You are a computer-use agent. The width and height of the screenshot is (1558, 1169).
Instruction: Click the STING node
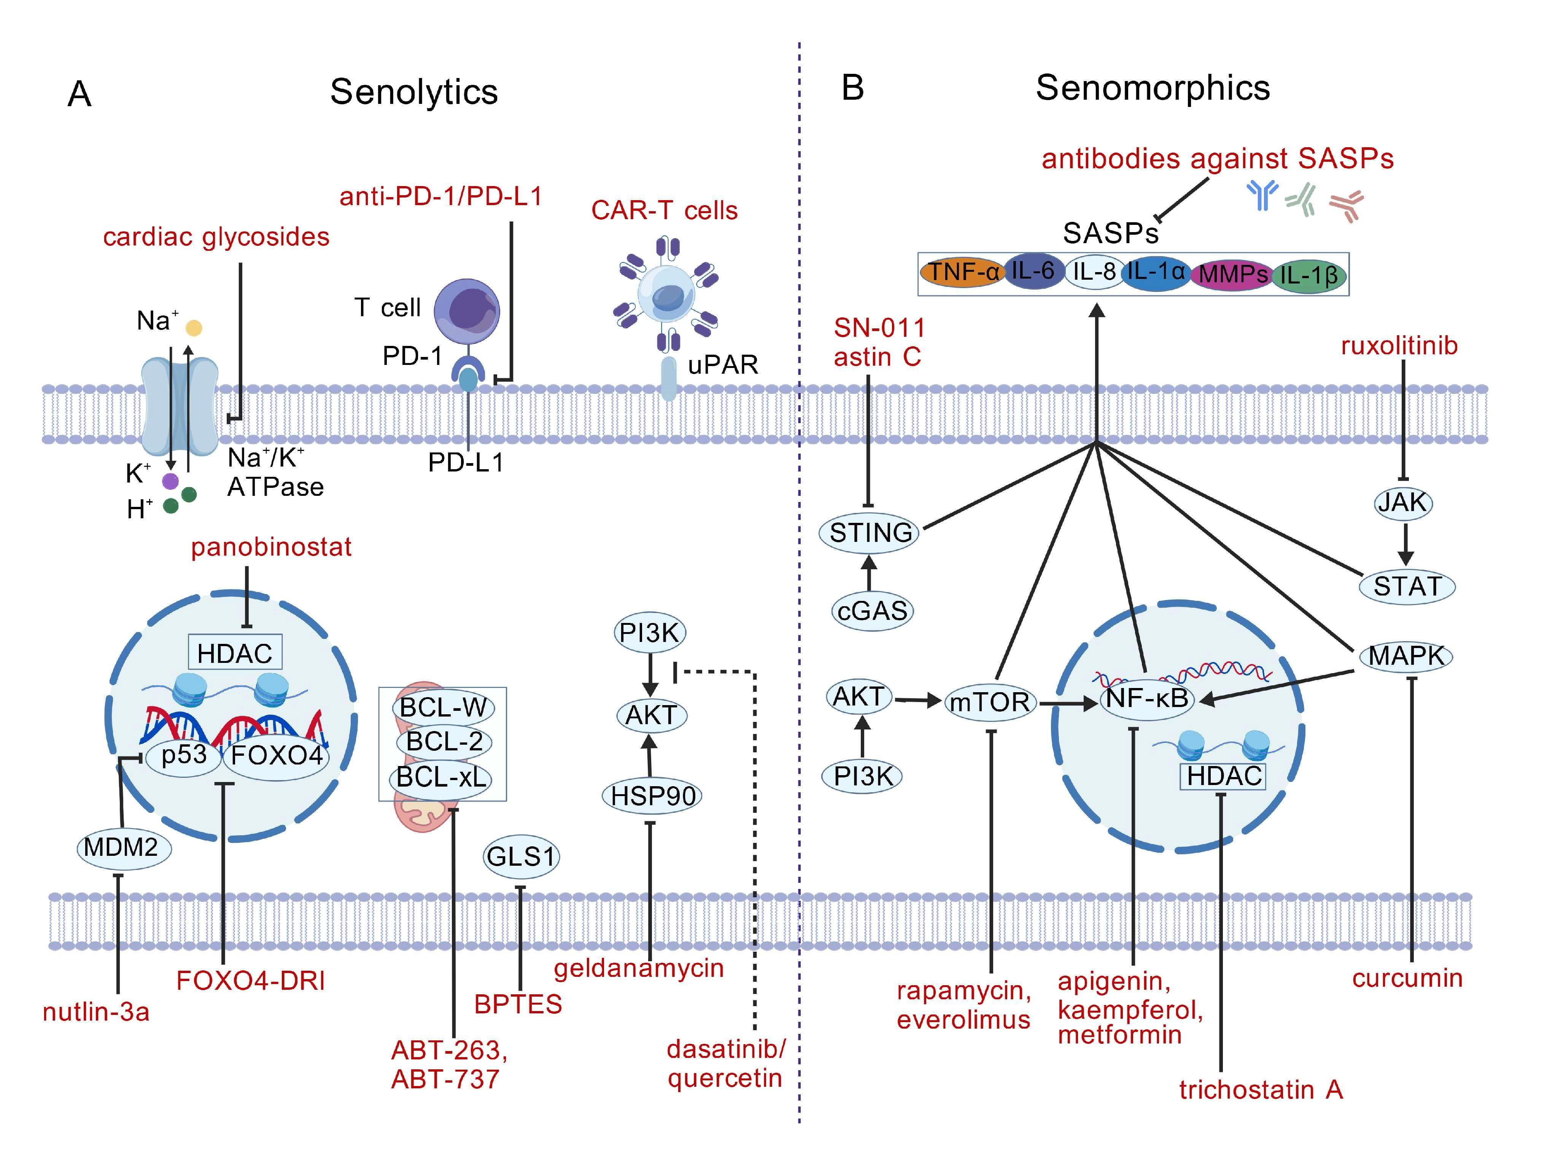tap(871, 533)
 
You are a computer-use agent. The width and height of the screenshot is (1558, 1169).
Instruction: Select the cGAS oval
tap(872, 610)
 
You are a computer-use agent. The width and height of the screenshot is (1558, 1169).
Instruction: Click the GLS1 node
tap(521, 857)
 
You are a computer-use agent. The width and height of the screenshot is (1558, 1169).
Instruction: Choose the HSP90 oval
tap(652, 796)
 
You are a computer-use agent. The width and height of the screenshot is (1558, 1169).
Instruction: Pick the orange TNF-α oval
tap(962, 272)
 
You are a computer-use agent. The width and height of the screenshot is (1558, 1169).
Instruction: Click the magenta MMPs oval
tap(1233, 273)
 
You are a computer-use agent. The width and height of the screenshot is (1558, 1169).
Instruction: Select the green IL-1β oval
tap(1308, 275)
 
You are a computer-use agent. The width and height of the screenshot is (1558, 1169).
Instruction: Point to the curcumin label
tap(1407, 978)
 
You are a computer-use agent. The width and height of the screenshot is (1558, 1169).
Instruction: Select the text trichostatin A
tap(1261, 1090)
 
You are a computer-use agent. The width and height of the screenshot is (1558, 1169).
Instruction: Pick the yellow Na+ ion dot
tap(194, 328)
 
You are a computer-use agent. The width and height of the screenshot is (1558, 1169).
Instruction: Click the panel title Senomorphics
tap(1152, 88)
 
